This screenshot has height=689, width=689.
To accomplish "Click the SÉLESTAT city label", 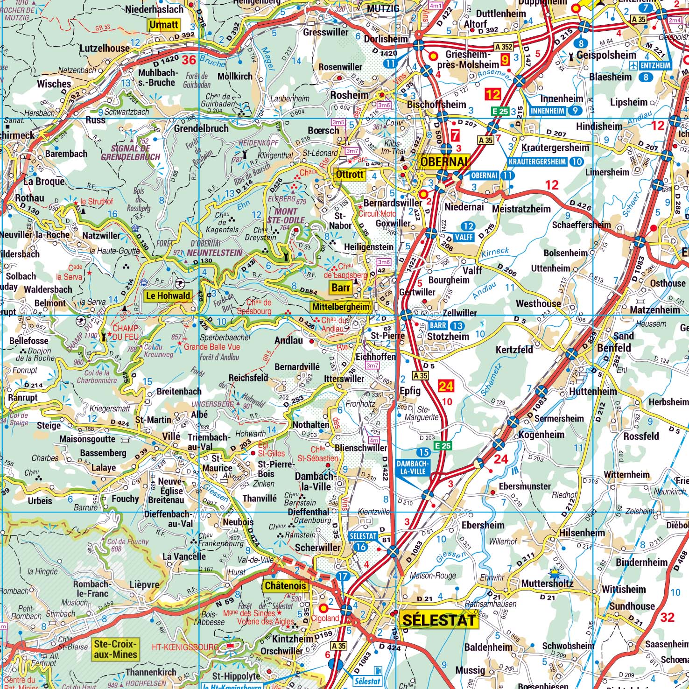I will (438, 620).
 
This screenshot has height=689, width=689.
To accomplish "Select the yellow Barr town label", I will (341, 288).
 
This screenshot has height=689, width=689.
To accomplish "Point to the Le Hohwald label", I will (168, 295).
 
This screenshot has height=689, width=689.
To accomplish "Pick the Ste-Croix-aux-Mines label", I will (116, 649).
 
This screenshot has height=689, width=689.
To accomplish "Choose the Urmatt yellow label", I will (163, 25).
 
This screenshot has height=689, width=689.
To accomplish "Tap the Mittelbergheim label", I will (341, 307).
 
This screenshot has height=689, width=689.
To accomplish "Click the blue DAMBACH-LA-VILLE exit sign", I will (411, 468).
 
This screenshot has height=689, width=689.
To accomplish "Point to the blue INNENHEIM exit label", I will (547, 111).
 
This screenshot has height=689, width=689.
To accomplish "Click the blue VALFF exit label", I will (464, 237).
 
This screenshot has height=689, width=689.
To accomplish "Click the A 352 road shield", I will (503, 47).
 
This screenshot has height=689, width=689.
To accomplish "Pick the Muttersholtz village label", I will (547, 584).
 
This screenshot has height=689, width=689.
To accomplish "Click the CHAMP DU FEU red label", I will (125, 332).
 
